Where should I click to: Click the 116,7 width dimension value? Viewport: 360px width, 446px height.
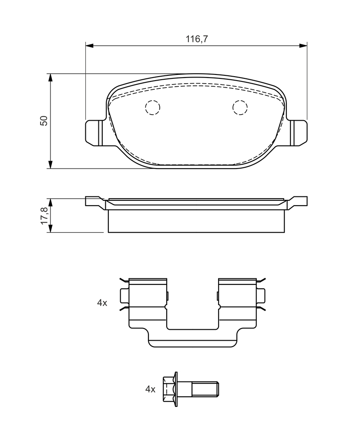click(197, 39)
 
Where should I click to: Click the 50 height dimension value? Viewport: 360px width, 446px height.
click(44, 121)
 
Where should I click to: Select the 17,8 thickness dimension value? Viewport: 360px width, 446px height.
click(44, 216)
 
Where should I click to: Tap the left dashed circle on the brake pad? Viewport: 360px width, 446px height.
click(152, 108)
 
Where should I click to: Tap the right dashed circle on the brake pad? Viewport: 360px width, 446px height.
click(240, 108)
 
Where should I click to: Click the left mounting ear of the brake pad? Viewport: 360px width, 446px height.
click(94, 133)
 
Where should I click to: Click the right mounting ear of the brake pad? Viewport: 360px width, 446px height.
click(298, 133)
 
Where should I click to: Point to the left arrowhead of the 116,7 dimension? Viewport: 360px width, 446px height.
click(89, 45)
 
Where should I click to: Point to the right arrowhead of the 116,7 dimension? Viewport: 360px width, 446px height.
click(303, 45)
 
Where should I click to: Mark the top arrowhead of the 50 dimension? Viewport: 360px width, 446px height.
click(50, 78)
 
